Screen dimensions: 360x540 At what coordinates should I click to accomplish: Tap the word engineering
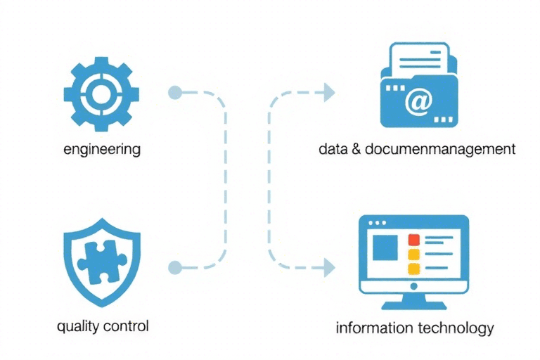pos(101,149)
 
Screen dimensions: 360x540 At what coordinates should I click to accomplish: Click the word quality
pos(79,327)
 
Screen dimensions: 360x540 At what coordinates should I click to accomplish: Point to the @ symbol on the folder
pos(418,103)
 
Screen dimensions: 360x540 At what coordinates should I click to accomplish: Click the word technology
pos(456,328)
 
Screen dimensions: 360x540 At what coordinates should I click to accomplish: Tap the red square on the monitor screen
pos(413,240)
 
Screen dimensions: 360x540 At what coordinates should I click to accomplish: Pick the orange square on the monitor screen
pos(413,254)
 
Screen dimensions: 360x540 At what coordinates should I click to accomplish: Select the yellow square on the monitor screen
pos(413,268)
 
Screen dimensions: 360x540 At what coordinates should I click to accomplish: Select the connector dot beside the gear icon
pos(175,92)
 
